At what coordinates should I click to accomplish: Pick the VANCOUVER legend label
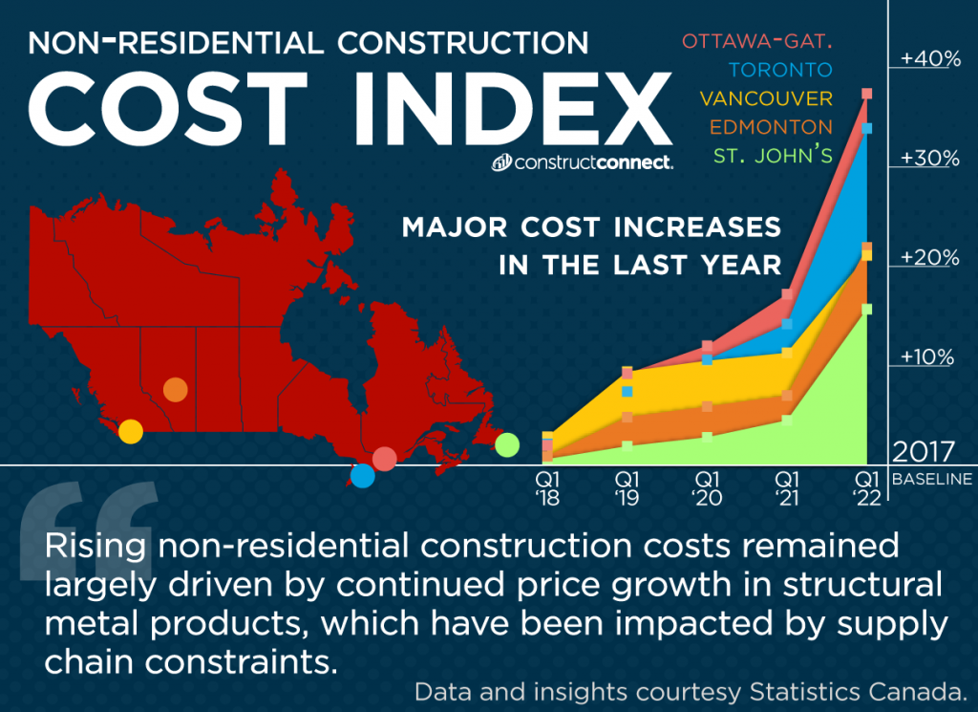(765, 98)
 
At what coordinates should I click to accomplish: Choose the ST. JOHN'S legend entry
(773, 155)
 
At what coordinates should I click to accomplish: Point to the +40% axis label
(929, 59)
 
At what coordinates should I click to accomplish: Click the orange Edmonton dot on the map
(175, 389)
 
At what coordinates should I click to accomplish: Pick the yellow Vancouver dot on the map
(131, 431)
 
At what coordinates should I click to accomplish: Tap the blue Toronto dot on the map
(362, 475)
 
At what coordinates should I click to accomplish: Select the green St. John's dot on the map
(507, 443)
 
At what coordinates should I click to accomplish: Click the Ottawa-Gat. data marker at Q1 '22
(867, 94)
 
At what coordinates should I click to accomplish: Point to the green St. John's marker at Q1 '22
(867, 309)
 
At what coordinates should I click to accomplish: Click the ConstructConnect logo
(583, 162)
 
